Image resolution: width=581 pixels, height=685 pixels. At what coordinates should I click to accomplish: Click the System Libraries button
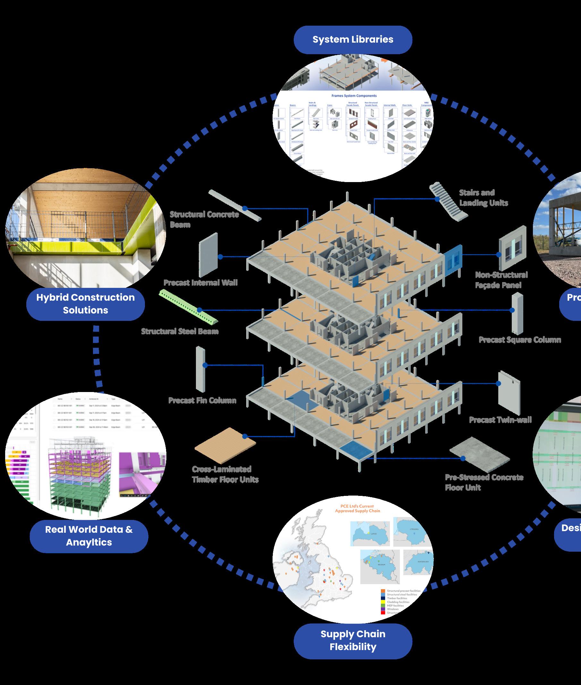click(353, 39)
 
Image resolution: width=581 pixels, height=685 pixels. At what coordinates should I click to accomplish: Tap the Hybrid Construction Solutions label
click(85, 304)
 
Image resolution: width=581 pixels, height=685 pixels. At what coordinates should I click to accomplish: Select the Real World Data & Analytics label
click(88, 536)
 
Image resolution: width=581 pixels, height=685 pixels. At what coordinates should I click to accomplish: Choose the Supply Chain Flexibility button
click(353, 640)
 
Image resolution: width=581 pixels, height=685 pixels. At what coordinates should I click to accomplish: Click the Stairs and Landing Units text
click(483, 197)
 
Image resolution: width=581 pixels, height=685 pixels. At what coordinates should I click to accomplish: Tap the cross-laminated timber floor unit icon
click(225, 445)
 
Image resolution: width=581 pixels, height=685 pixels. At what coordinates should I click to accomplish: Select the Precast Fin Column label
click(202, 400)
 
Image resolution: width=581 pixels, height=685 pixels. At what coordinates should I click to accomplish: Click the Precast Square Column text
click(519, 339)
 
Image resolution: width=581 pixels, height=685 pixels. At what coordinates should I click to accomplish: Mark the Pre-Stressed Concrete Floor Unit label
click(484, 482)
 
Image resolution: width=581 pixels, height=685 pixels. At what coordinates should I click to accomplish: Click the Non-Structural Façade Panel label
click(501, 280)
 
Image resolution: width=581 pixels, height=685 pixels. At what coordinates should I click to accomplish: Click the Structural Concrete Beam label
click(204, 219)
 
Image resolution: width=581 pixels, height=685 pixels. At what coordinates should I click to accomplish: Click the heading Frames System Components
click(354, 96)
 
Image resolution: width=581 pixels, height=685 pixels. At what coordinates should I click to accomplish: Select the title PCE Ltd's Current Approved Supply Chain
click(358, 508)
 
